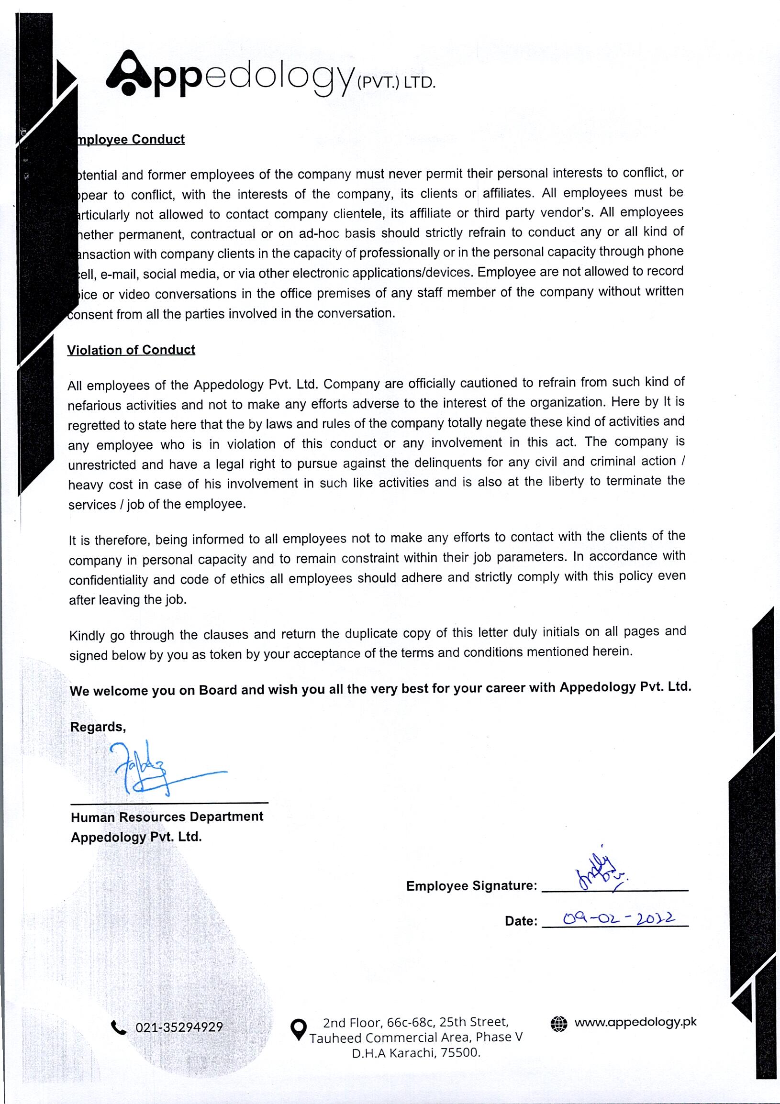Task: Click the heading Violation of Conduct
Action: (131, 350)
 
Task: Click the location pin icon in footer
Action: (299, 1029)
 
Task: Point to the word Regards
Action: (98, 727)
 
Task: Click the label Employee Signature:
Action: (471, 886)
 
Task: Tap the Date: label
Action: (521, 921)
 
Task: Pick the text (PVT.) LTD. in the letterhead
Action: (396, 83)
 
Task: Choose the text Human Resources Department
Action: (167, 817)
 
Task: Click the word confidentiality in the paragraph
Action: (108, 580)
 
